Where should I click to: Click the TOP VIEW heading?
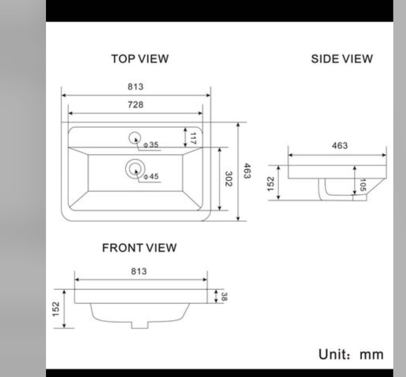(x=140, y=59)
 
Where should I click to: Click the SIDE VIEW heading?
(x=342, y=59)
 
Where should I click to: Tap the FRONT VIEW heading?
(x=139, y=248)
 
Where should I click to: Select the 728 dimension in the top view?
(x=135, y=105)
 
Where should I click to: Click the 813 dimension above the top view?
(x=135, y=87)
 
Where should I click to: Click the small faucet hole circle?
(x=135, y=138)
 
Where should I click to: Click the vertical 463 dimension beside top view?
(x=247, y=171)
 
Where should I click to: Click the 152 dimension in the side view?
(x=271, y=183)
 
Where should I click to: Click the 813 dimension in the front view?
(x=139, y=271)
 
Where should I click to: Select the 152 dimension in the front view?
(x=56, y=308)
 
